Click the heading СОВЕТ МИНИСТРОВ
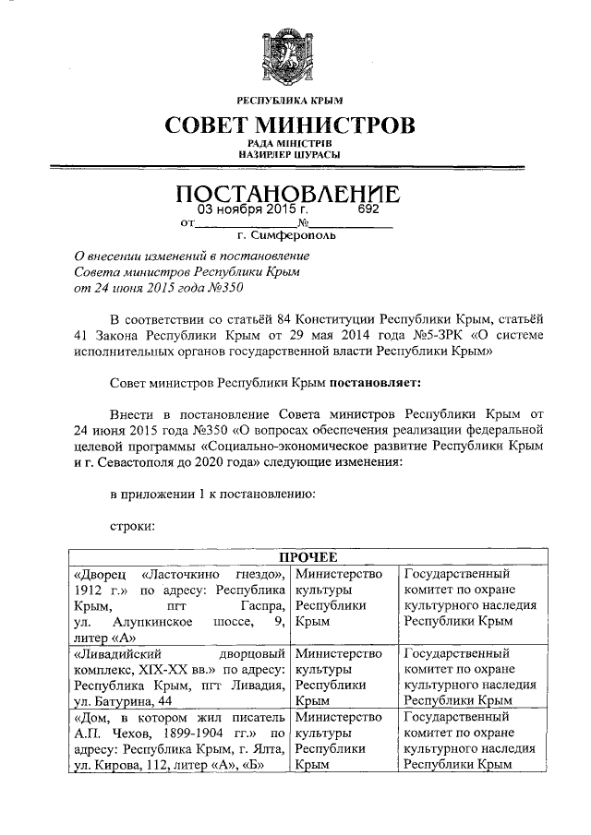[289, 125]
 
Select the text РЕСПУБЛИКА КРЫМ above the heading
[289, 101]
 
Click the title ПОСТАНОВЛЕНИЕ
[289, 195]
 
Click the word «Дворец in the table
[97, 573]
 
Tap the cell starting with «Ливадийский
[178, 670]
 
